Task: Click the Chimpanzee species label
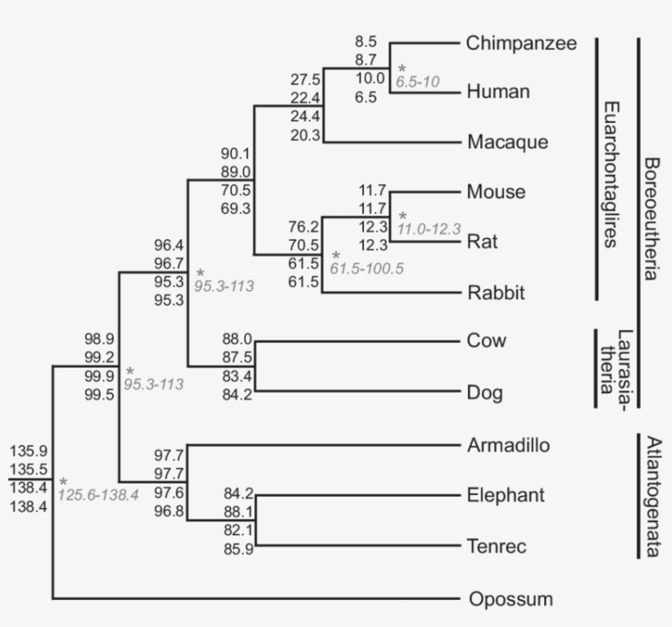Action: pyautogui.click(x=522, y=43)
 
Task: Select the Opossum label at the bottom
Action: pyautogui.click(x=511, y=599)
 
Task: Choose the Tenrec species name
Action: pyautogui.click(x=497, y=546)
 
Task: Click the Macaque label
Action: pyautogui.click(x=506, y=143)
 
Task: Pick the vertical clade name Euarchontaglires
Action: pyautogui.click(x=610, y=175)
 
